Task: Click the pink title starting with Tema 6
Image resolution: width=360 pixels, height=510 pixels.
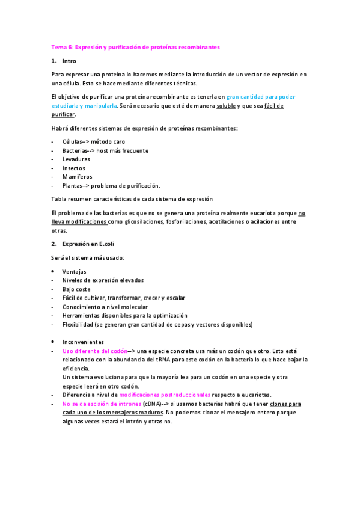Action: pos(135,46)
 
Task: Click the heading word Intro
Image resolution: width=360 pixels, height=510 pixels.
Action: pos(69,61)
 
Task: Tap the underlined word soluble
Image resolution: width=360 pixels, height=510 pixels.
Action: pos(225,105)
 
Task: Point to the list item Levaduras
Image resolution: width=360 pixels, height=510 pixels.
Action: pos(76,159)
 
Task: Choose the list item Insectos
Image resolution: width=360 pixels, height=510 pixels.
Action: pos(74,168)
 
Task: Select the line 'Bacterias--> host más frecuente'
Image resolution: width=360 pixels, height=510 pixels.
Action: pos(105,150)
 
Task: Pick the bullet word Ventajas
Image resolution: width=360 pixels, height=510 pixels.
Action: pos(75,271)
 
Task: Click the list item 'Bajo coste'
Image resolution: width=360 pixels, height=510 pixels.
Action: pos(76,289)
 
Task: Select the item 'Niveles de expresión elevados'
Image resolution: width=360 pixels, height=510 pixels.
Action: pos(103,280)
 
